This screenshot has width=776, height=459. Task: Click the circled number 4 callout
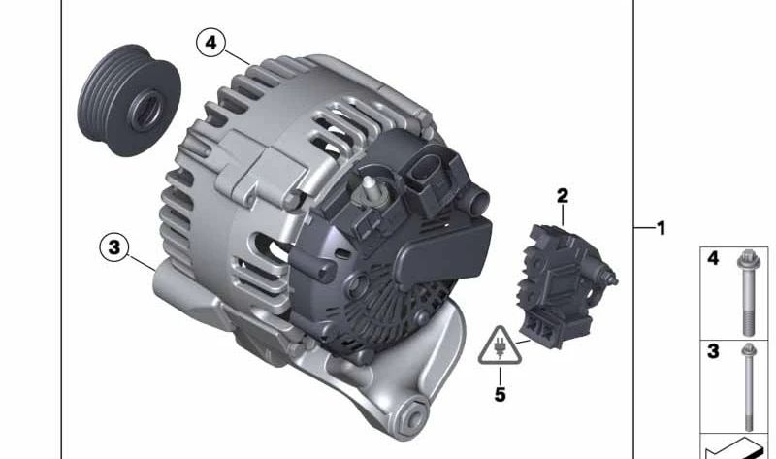[x=210, y=43]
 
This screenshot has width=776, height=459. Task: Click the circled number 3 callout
[x=114, y=246]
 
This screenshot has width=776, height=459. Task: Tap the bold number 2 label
[x=563, y=196]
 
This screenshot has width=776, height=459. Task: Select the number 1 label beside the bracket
[x=662, y=228]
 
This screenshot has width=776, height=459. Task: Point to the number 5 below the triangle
[x=501, y=395]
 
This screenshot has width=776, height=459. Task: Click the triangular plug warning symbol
[x=500, y=346]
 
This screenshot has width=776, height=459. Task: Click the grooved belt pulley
[x=129, y=100]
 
